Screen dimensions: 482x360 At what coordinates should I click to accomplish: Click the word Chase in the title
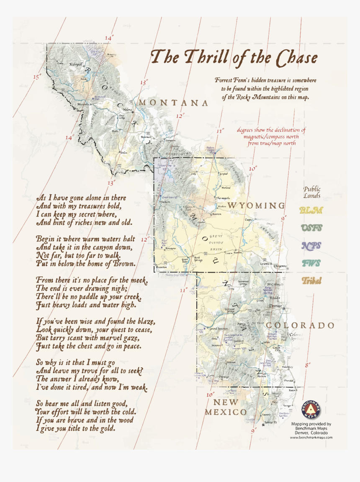295,58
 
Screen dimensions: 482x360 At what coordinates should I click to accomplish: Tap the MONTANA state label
173,103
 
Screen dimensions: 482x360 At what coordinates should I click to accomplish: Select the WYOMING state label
256,206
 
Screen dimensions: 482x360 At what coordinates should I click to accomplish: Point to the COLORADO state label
300,325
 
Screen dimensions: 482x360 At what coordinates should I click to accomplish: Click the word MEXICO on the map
226,412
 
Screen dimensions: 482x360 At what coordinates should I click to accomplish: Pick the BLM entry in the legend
311,211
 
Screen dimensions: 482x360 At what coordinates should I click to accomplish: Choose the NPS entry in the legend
311,245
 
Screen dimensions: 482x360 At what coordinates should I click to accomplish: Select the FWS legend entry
311,263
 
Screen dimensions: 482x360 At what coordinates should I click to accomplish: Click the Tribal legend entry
311,281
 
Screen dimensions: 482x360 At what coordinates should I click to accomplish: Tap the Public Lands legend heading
312,192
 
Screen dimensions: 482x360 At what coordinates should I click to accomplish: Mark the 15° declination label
37,77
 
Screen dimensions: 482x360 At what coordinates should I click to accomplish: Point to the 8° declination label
308,365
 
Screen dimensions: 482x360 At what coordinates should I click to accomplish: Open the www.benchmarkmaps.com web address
311,437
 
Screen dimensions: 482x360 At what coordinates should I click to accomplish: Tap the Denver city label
275,306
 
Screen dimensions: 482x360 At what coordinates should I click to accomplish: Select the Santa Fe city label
270,422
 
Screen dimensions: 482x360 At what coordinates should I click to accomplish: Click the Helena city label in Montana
127,109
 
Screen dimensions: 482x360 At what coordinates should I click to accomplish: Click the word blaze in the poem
145,322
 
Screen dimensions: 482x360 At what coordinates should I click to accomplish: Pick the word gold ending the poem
106,428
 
